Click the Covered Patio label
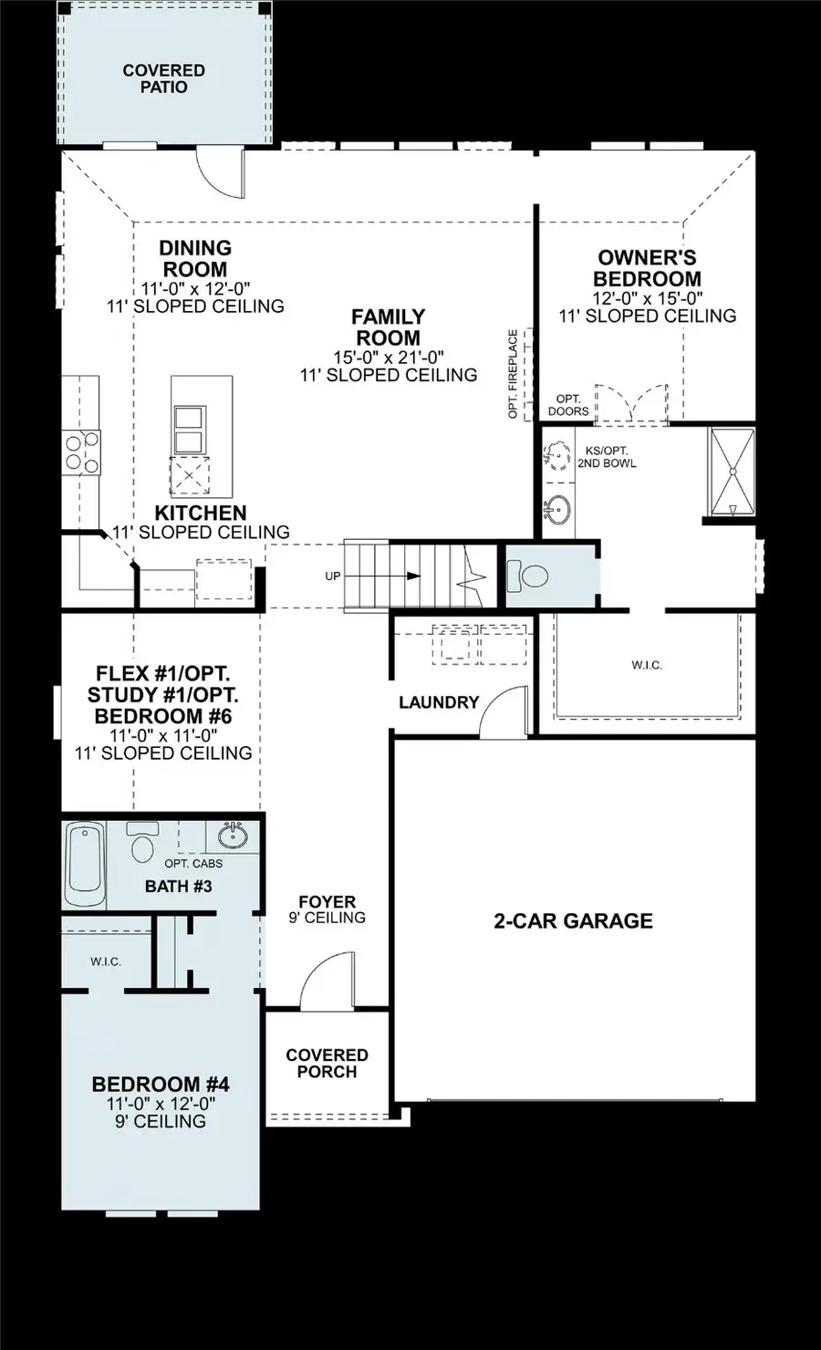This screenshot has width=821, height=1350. click(164, 78)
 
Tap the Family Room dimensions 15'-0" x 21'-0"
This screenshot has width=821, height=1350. click(389, 357)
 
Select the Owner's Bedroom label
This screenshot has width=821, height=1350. click(647, 268)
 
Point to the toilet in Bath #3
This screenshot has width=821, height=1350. click(141, 843)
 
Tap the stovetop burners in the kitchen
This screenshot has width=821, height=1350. click(80, 452)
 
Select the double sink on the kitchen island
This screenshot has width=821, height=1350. click(189, 431)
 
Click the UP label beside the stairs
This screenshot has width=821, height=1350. click(333, 576)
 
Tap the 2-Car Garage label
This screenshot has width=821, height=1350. click(573, 920)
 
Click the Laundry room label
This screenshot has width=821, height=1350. click(439, 702)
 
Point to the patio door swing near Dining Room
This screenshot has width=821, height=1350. click(222, 173)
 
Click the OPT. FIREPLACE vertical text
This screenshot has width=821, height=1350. click(513, 374)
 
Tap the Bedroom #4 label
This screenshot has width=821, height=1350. click(161, 1085)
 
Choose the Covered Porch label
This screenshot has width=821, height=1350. click(327, 1063)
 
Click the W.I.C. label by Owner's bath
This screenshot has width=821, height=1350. click(647, 665)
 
